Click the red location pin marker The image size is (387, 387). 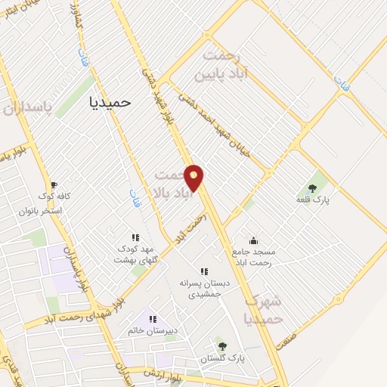pos(194,178)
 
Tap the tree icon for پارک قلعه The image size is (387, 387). pos(313,188)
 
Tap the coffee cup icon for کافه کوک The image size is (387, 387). pos(53,184)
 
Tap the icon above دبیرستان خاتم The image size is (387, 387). pos(153,320)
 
